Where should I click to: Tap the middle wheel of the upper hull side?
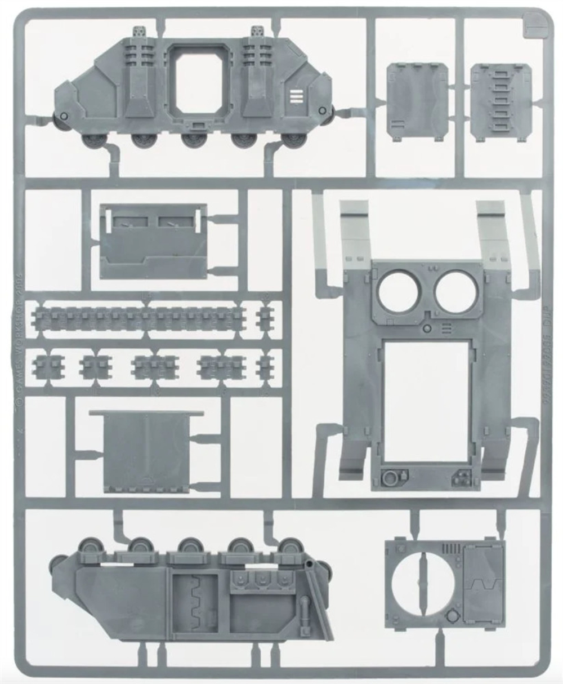(191, 141)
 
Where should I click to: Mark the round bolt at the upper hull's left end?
(64, 116)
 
